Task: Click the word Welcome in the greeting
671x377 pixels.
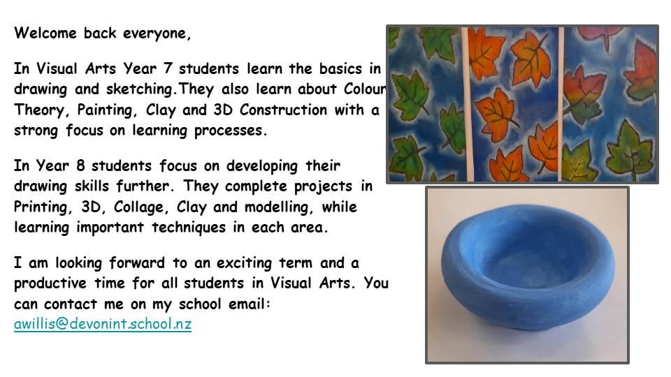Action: (45, 33)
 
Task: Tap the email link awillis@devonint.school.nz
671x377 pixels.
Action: (103, 323)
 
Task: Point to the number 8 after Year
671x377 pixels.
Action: (80, 165)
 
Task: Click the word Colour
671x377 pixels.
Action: (365, 89)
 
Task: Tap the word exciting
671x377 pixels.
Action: (244, 263)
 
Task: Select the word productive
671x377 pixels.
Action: (50, 283)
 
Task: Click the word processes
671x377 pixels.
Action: (231, 131)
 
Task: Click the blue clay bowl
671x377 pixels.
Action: (528, 265)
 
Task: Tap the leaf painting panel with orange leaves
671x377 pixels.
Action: (512, 104)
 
